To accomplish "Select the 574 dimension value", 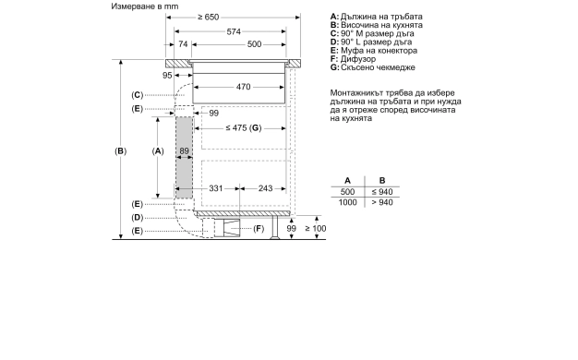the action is [235, 30].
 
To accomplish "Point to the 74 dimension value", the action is [183, 44].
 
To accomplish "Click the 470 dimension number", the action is [243, 87].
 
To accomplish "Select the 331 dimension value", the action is [214, 188].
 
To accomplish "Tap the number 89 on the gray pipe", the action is [185, 150].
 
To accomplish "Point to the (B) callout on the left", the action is [119, 150].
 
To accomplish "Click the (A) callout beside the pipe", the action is [157, 150].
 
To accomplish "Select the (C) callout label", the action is [137, 95].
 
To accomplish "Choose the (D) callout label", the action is [137, 217].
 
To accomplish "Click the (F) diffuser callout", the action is [259, 228].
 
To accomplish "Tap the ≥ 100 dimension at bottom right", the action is [317, 228].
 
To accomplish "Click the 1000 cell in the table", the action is [347, 202].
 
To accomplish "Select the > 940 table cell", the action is [382, 202].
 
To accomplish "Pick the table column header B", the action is [382, 180].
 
